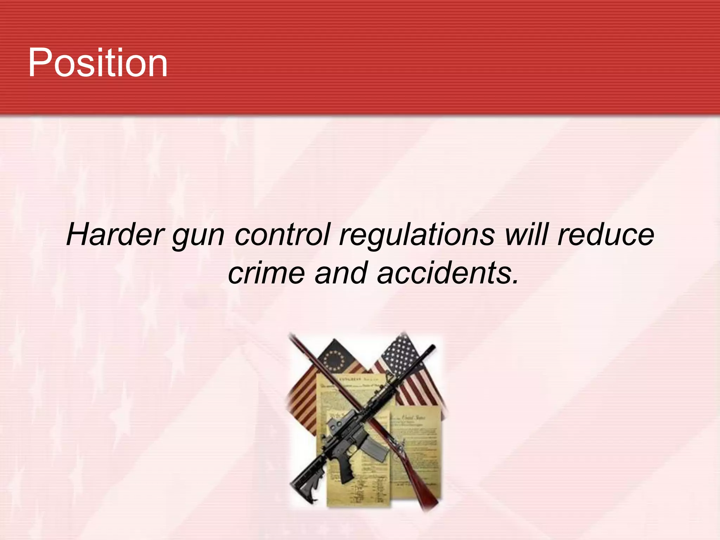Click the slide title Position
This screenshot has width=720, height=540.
tap(98, 63)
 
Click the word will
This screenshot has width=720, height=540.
tap(526, 235)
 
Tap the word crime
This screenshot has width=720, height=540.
tap(266, 273)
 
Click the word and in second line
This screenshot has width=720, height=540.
tap(341, 273)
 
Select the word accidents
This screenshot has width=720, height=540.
tap(448, 273)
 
